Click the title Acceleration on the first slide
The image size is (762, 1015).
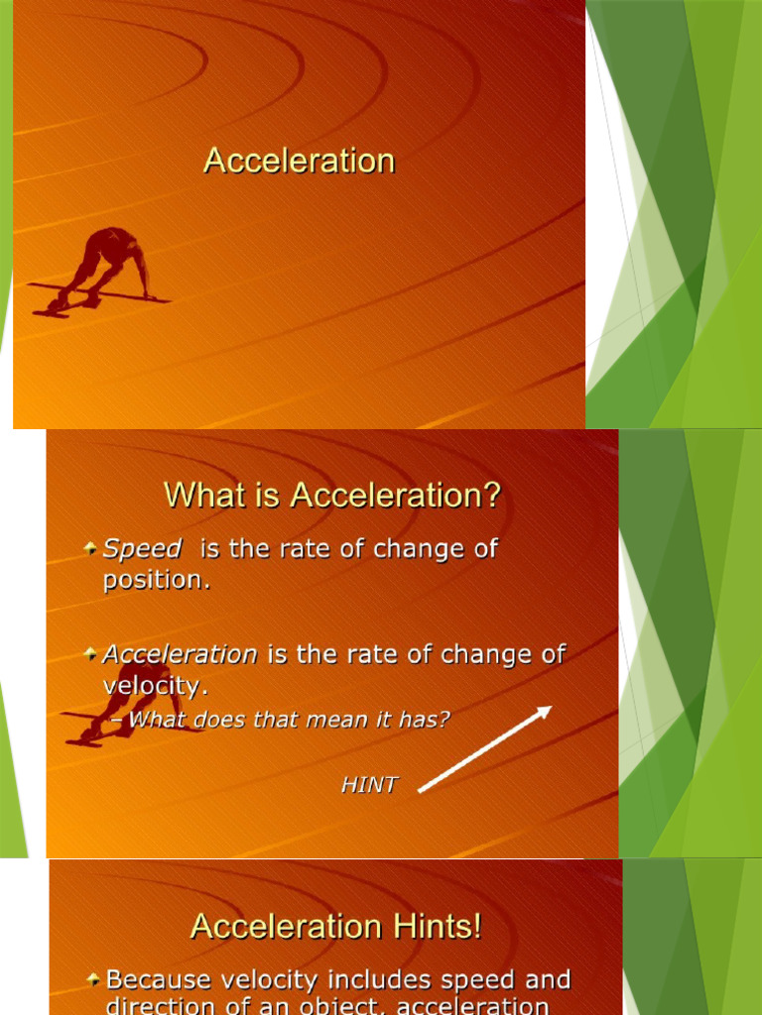299,161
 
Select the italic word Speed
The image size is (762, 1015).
143,549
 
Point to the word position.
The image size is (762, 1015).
157,581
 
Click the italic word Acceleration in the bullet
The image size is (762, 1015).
181,654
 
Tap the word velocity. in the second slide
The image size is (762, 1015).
157,686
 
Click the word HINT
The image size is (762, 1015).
369,785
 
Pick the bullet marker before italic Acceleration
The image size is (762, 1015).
90,653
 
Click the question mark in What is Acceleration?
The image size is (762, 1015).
491,494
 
